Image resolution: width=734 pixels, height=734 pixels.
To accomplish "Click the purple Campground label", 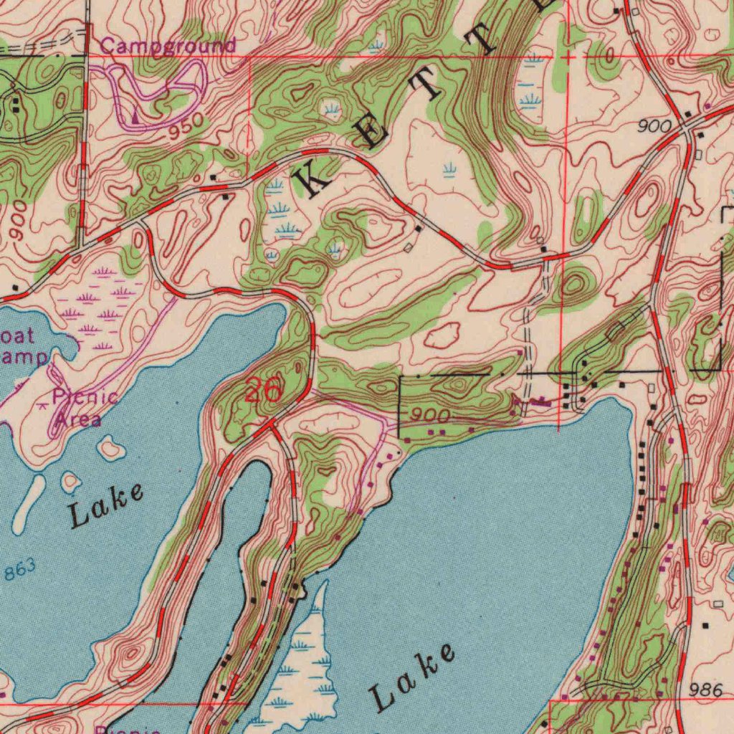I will (x=168, y=46).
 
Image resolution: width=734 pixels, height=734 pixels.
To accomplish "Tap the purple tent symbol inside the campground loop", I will (x=135, y=115).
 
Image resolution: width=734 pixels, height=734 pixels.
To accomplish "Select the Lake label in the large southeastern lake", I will (x=412, y=677).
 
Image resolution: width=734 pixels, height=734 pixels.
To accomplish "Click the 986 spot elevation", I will (x=709, y=690).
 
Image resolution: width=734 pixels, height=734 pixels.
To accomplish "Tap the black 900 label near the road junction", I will (x=655, y=127).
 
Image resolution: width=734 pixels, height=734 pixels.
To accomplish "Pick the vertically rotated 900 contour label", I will (x=19, y=220).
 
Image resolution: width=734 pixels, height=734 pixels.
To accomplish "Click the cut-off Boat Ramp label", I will (x=22, y=346).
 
